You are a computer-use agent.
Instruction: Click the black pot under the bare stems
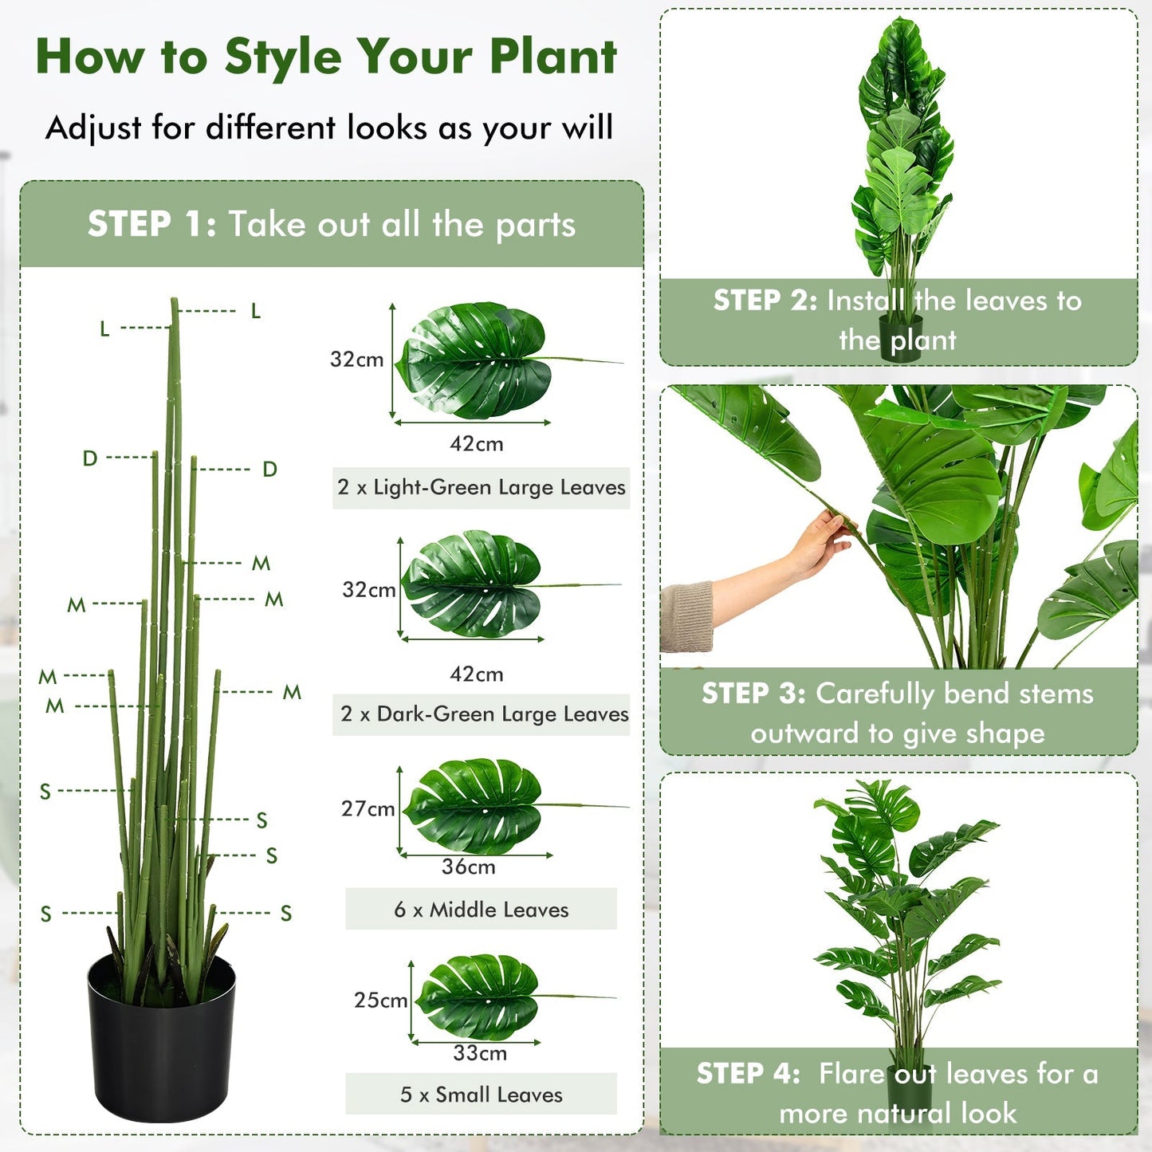(x=161, y=1040)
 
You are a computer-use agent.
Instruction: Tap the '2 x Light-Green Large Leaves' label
(x=481, y=487)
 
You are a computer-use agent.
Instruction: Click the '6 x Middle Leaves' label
(x=481, y=909)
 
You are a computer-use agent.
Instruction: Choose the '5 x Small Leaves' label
(x=481, y=1095)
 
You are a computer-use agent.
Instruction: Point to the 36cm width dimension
(x=468, y=867)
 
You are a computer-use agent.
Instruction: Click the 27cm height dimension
(x=368, y=808)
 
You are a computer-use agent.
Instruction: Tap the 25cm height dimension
(x=380, y=1000)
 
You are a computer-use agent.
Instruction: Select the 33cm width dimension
(x=479, y=1052)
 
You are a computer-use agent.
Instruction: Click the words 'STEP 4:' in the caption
(x=748, y=1073)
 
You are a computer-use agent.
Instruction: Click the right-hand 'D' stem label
(x=269, y=470)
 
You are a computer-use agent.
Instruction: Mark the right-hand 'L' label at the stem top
(x=255, y=311)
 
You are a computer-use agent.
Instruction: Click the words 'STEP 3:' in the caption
(x=753, y=693)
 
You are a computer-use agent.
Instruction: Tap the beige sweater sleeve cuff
(x=687, y=615)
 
